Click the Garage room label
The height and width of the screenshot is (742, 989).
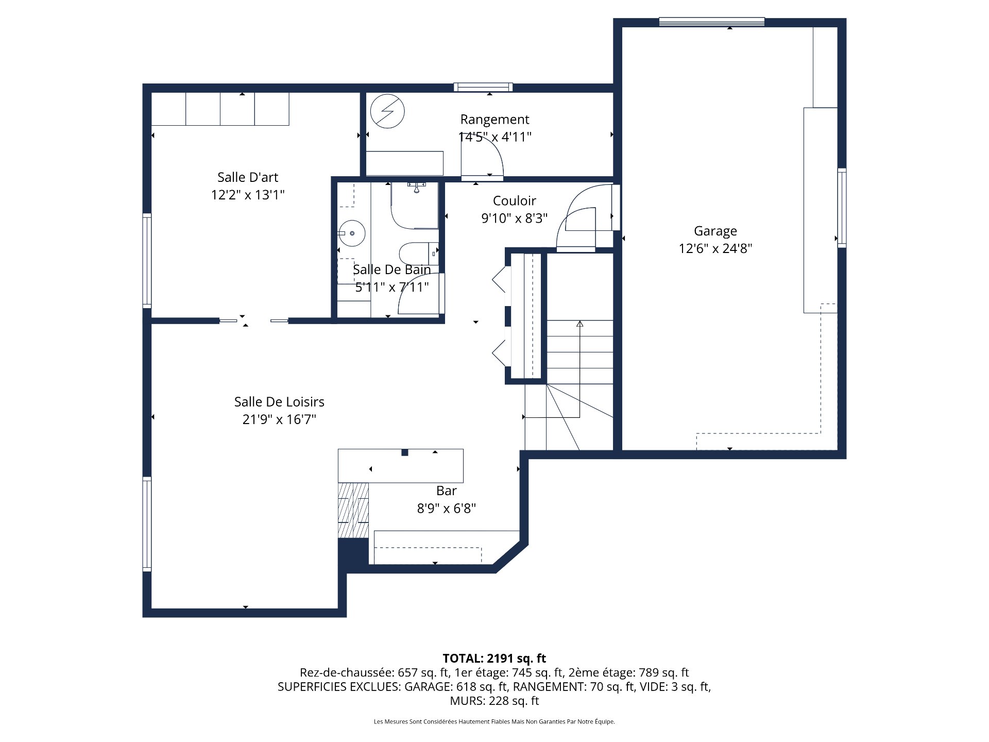pyautogui.click(x=715, y=231)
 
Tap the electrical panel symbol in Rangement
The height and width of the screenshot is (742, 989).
pyautogui.click(x=387, y=111)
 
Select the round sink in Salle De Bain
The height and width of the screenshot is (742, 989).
pyautogui.click(x=352, y=233)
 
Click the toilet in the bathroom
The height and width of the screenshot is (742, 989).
pyautogui.click(x=415, y=253)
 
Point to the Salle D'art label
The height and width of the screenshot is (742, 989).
pyautogui.click(x=248, y=177)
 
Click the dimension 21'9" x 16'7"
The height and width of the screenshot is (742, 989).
pyautogui.click(x=279, y=419)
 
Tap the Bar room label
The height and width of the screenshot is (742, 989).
pyautogui.click(x=446, y=491)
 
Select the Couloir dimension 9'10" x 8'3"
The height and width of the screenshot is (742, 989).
pyautogui.click(x=514, y=218)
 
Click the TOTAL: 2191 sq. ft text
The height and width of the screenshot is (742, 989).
pyautogui.click(x=494, y=658)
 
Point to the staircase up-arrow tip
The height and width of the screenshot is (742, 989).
pyautogui.click(x=579, y=324)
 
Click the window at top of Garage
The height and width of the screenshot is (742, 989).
pyautogui.click(x=711, y=21)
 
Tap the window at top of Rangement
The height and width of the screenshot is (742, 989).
pyautogui.click(x=483, y=87)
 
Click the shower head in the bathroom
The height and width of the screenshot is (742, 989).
pyautogui.click(x=416, y=188)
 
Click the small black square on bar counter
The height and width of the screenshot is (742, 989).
pyautogui.click(x=405, y=452)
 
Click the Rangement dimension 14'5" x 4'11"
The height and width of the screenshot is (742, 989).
pyautogui.click(x=494, y=137)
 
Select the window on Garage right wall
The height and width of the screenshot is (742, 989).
pyautogui.click(x=841, y=208)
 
